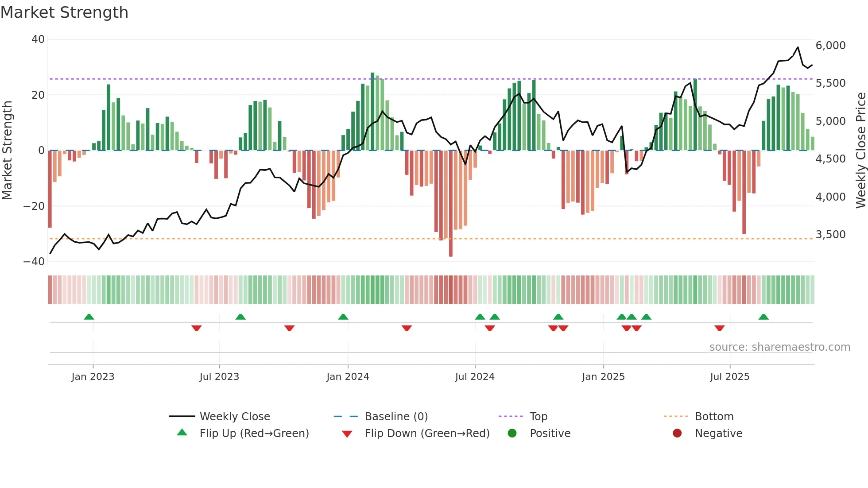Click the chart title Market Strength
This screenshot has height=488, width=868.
[64, 12]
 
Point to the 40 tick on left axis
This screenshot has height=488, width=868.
[38, 39]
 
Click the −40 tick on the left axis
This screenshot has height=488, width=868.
[35, 262]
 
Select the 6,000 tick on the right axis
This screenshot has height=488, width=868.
[830, 46]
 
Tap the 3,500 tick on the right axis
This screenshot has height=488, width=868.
[830, 235]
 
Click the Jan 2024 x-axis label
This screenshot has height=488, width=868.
[348, 377]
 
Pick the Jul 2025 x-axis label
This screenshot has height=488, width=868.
[729, 377]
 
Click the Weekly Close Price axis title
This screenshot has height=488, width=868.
[860, 151]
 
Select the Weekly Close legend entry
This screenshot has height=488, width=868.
[234, 417]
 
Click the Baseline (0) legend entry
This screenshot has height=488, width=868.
[396, 417]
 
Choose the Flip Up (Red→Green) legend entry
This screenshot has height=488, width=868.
[254, 434]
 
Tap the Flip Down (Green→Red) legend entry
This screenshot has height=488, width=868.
[427, 434]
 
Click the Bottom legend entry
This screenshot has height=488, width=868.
[714, 417]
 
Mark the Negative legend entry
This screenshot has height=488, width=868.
[718, 434]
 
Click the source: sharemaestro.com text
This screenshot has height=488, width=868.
[779, 347]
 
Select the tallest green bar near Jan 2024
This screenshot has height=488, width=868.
[372, 111]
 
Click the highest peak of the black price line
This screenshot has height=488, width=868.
[798, 47]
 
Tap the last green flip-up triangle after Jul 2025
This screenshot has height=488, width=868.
[763, 317]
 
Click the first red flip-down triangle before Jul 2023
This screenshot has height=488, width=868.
[197, 328]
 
